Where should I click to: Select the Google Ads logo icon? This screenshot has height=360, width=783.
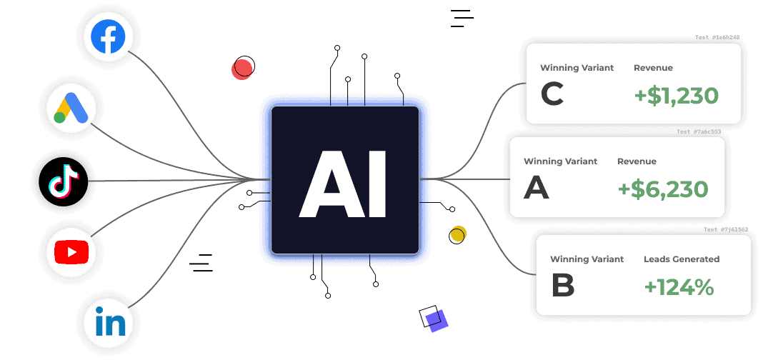(71, 109)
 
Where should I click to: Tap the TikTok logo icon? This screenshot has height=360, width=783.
(63, 181)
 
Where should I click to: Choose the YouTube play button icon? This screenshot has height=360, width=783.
(71, 251)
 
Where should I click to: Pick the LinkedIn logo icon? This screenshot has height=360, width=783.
(110, 322)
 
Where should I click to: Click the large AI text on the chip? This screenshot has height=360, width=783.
(344, 185)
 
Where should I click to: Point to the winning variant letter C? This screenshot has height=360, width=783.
(552, 95)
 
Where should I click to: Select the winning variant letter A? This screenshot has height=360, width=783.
(537, 188)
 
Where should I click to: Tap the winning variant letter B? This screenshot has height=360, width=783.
(563, 286)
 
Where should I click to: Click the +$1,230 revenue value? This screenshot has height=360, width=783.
(676, 95)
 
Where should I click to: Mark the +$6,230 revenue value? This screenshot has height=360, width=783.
(663, 189)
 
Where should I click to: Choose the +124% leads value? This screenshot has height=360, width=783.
(679, 287)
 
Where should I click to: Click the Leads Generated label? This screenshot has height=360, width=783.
(682, 259)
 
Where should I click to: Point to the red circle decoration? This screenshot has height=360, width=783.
(242, 69)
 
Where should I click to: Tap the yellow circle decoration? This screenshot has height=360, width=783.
(458, 234)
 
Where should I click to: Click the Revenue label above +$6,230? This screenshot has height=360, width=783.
(637, 161)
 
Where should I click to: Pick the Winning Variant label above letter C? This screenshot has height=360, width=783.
(577, 68)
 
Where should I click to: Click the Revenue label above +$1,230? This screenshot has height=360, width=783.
(653, 68)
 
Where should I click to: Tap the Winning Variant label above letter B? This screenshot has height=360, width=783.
(587, 259)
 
